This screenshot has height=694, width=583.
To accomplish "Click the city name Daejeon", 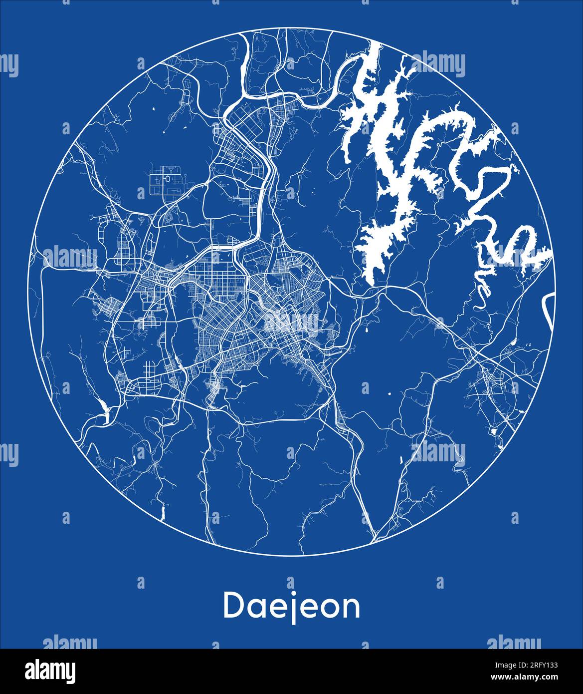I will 291,606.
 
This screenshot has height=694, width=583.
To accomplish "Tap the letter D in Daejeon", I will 233,605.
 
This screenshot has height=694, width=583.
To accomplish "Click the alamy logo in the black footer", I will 50,671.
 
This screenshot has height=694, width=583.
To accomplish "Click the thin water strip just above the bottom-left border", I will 163,512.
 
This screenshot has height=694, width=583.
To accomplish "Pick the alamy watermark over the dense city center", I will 292,322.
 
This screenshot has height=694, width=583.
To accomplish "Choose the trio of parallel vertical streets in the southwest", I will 149,372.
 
